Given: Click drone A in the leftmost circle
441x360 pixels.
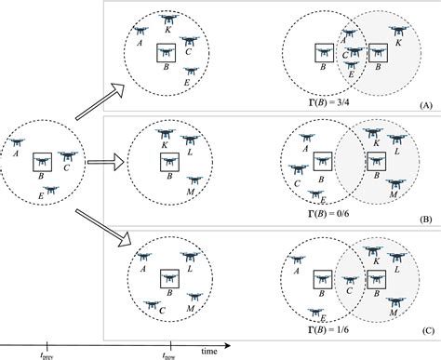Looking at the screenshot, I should pyautogui.click(x=19, y=143).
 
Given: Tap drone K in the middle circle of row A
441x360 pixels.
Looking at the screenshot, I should pyautogui.click(x=167, y=20).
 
